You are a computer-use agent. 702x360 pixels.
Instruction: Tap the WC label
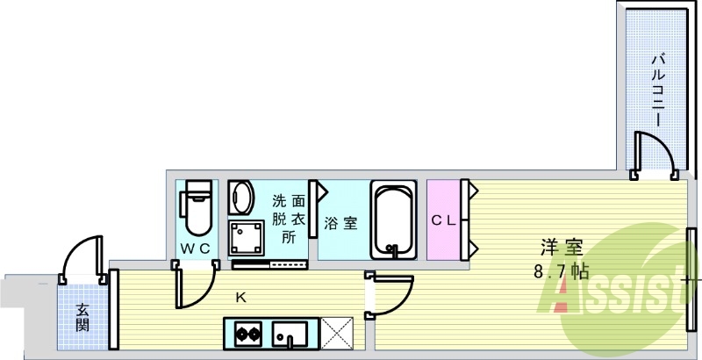(x=195, y=248)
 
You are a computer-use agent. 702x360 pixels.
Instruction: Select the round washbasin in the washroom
(x=241, y=197)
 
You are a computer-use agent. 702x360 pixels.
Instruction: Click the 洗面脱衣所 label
(x=289, y=219)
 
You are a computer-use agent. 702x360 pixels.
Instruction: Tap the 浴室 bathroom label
(x=340, y=222)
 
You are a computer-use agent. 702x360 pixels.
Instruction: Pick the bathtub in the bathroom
(x=392, y=219)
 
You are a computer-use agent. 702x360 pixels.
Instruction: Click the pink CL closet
(x=444, y=220)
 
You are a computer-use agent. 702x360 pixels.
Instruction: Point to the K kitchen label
(x=240, y=298)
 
